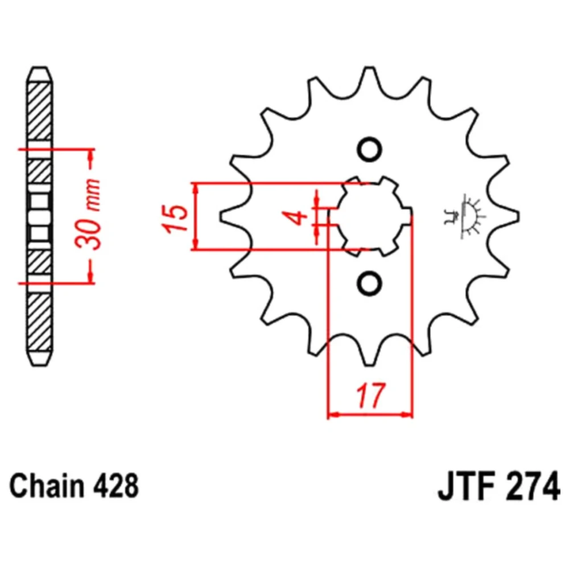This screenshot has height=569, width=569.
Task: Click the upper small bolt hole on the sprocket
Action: coord(369,150)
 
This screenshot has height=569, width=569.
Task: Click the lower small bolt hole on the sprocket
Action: coord(369,283)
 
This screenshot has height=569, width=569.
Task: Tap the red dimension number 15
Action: coord(176,218)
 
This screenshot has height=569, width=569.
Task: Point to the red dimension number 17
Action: coord(370,395)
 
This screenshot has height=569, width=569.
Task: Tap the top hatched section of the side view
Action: coord(39,111)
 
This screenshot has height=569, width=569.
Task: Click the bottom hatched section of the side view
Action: coord(39,322)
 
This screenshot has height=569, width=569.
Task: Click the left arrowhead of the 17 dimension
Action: coord(332,414)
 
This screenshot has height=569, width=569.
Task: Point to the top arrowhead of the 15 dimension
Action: coord(196,188)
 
